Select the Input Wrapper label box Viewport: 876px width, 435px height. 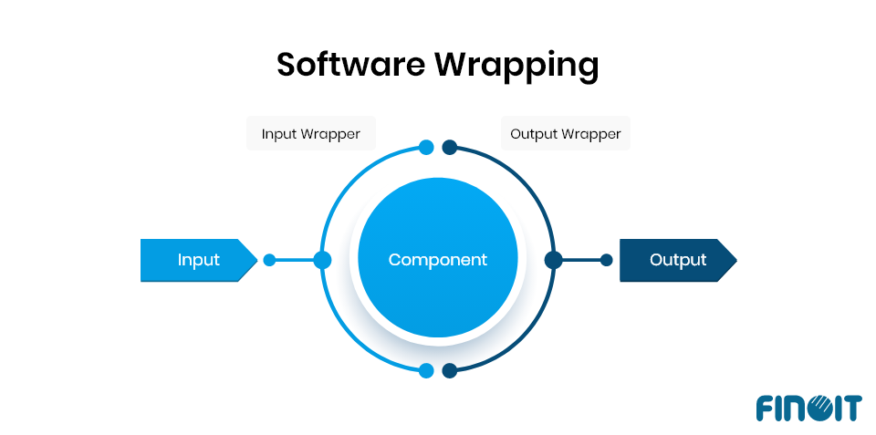[x=311, y=134]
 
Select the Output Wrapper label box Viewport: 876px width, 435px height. [x=566, y=134]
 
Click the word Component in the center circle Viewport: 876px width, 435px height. [x=438, y=260]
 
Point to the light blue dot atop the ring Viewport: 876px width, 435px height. [x=426, y=147]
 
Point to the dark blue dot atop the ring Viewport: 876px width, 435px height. [x=449, y=147]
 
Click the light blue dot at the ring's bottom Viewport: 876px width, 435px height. [x=426, y=371]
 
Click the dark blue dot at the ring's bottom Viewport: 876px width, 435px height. [x=449, y=371]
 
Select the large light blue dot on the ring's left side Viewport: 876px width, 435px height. [x=322, y=260]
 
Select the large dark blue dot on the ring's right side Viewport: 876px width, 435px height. [x=553, y=260]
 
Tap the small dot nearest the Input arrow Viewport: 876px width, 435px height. [x=269, y=260]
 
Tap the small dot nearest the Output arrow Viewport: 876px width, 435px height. [x=607, y=260]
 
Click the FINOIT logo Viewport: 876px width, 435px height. [x=808, y=408]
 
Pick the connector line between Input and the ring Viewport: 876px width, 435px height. [x=294, y=260]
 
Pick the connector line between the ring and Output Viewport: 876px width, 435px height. [x=581, y=260]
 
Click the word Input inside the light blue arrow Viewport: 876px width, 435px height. [x=198, y=260]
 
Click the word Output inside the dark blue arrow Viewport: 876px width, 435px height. [x=678, y=260]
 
